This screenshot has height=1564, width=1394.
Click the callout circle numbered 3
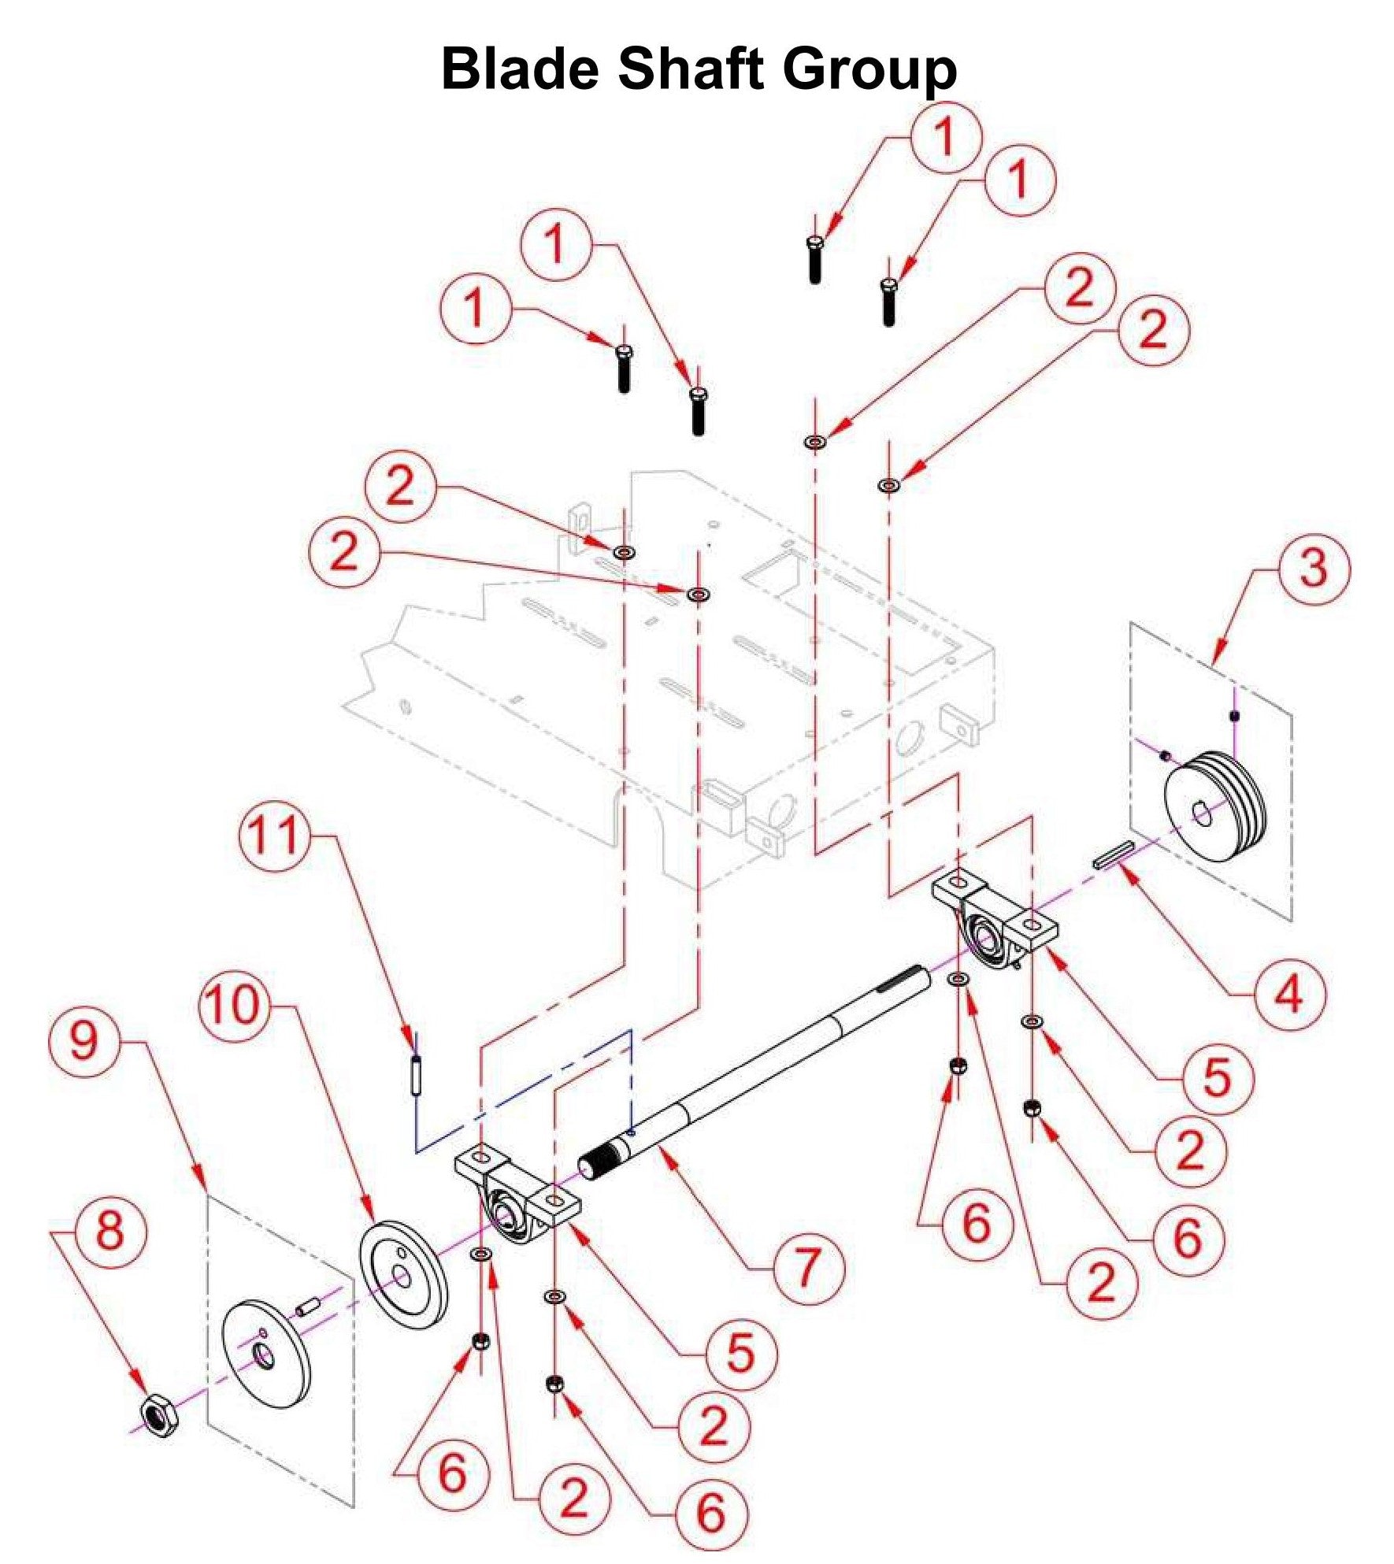coord(1313,568)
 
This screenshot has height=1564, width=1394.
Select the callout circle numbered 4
coord(1289,995)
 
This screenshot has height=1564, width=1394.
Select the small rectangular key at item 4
coord(1113,853)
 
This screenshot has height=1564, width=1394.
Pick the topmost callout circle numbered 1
coord(946,137)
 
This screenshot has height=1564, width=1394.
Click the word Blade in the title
coord(520,69)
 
